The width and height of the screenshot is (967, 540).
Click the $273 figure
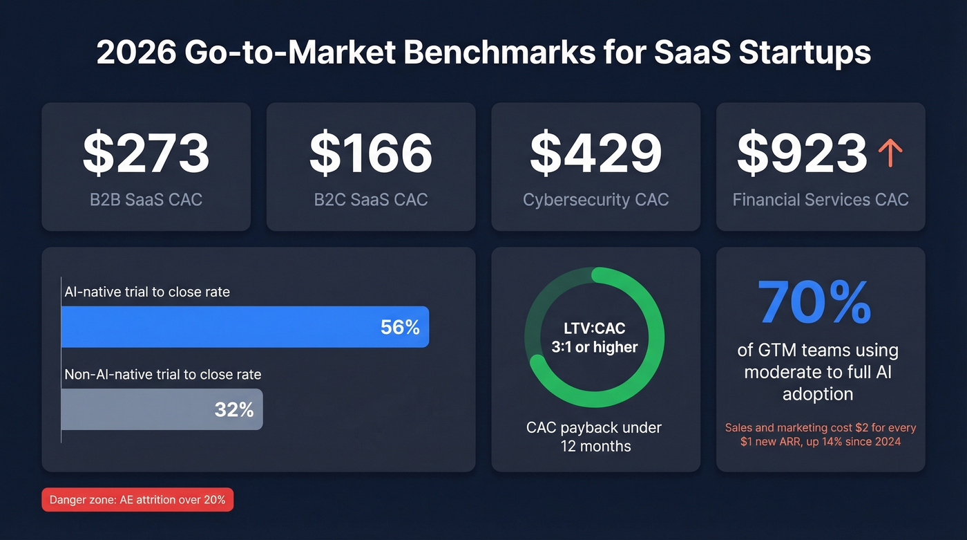[x=146, y=153]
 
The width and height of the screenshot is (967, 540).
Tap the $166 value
[x=371, y=153]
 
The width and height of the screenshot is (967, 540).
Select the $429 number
[x=595, y=153]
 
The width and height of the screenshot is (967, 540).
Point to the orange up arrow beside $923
[x=890, y=153]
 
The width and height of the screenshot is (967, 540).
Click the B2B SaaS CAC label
[x=146, y=200]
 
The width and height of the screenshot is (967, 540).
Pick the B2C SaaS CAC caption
[x=371, y=200]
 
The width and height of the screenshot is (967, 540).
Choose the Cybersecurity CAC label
[x=595, y=200]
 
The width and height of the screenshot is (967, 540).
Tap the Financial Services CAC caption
[x=821, y=200]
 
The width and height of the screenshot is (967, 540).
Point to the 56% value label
[x=400, y=327]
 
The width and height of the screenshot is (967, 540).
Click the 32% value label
[x=234, y=409]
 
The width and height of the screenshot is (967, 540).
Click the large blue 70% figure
[x=815, y=303]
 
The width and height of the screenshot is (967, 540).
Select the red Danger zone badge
[x=137, y=500]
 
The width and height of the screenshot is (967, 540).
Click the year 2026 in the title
[x=135, y=54]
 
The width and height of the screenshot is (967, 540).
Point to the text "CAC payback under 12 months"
[x=594, y=436]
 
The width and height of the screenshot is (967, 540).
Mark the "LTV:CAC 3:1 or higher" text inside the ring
[x=594, y=337]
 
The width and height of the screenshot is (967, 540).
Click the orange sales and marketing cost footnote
[x=821, y=434]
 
